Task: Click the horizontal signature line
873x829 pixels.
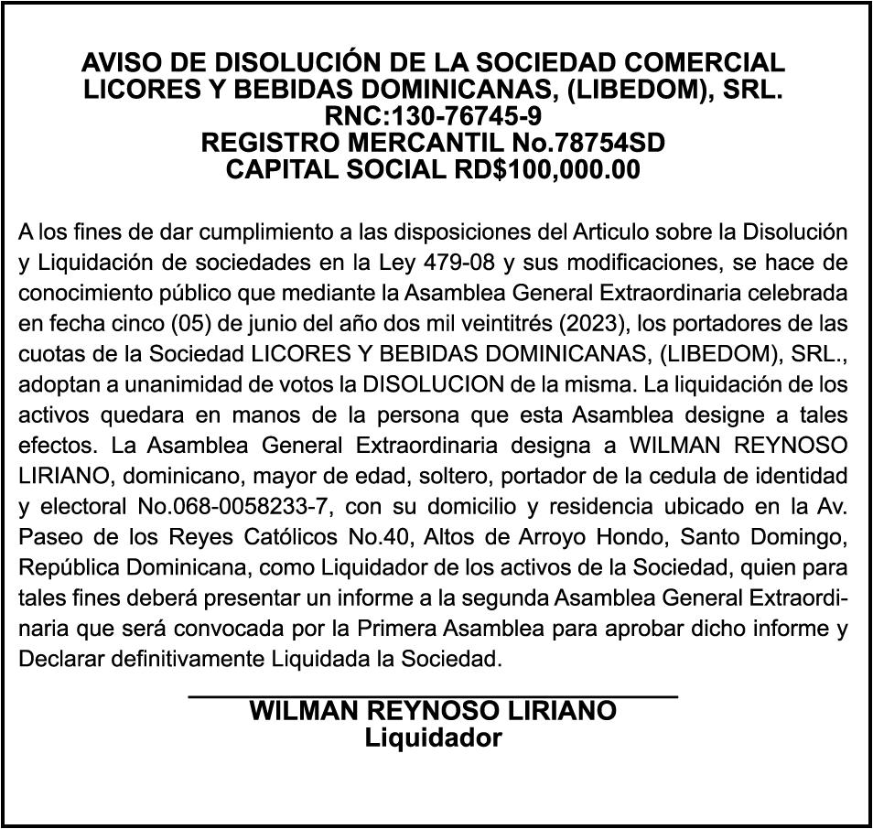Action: [433, 698]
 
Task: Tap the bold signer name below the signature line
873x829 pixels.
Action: [433, 713]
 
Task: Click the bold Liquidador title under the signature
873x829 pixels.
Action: [433, 738]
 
